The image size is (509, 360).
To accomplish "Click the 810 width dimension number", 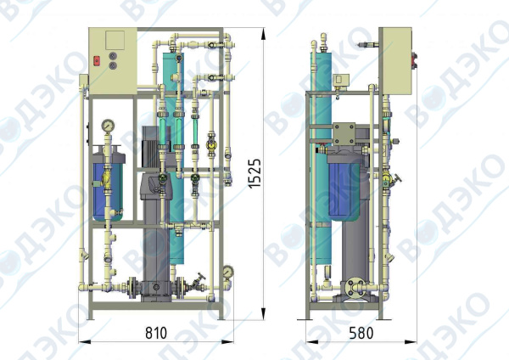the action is coord(156,332).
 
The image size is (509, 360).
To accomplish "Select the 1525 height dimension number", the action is coord(255,173).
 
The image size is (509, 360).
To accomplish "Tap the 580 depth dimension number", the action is coord(361,333).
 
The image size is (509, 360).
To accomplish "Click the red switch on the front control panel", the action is coord(97,61).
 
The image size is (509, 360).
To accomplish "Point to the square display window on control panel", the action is coord(115,40).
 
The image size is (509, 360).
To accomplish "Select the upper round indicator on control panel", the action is coord(113,56).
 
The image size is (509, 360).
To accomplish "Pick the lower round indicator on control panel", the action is coord(113,65).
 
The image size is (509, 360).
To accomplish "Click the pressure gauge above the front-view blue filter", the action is coord(108,125).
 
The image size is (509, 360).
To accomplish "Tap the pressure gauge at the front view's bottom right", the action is coord(228,271).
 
